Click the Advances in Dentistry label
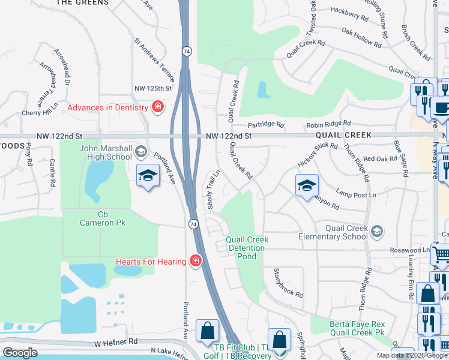(107, 107)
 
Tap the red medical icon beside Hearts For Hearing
(195, 261)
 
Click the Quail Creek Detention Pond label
(247, 248)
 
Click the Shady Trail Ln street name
(214, 190)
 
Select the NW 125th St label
(153, 88)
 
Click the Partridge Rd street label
(265, 124)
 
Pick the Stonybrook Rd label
(289, 283)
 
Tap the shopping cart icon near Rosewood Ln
(441, 255)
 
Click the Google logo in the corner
(20, 353)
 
